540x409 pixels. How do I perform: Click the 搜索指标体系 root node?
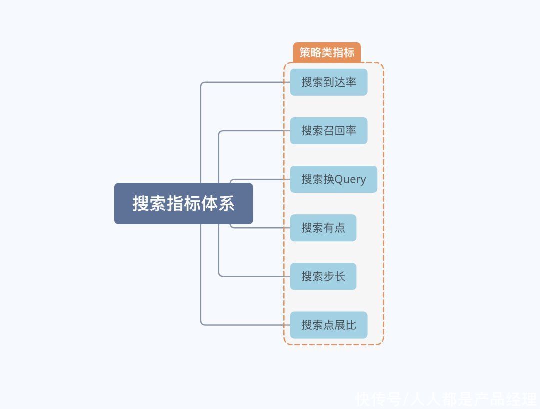coord(183,203)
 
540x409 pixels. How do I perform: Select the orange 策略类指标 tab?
coord(327,52)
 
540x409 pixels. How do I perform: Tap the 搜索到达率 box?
coord(329,82)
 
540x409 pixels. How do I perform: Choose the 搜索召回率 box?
coord(329,131)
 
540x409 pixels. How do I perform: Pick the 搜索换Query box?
coord(333,179)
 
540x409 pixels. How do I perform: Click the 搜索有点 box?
coord(323,228)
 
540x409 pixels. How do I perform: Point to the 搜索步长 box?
coord(323,276)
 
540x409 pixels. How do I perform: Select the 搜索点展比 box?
coord(329,325)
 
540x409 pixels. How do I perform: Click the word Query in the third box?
coord(350,180)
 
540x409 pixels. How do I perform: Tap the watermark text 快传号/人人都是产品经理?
coord(446,399)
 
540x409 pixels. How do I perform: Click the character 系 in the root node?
coord(227,203)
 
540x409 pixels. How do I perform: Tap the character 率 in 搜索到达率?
coord(351,82)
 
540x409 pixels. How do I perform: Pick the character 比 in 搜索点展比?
coord(351,325)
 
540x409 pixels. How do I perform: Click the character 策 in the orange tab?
coord(305,52)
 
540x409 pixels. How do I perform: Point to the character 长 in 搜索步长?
coord(340,276)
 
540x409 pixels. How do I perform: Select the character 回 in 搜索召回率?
coord(340,131)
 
